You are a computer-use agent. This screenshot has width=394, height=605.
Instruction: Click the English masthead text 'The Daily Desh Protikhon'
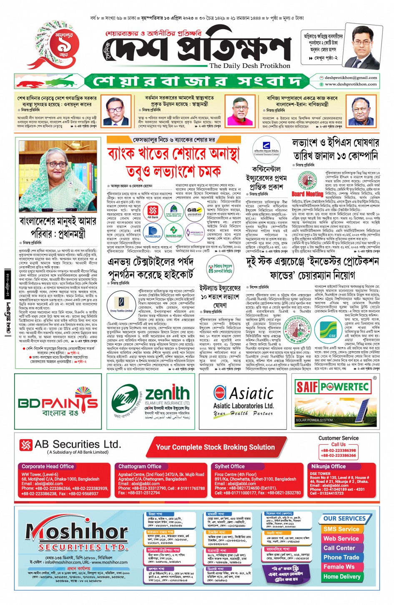point(250,65)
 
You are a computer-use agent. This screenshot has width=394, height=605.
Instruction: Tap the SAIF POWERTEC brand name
point(332,387)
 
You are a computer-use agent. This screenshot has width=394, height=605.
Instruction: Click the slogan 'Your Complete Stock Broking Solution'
point(215,447)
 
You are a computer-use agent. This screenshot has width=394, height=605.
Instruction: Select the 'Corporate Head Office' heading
point(48,467)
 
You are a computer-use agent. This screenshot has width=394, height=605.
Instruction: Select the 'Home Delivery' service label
point(342,577)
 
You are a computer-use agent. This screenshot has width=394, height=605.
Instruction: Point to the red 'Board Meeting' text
point(307,194)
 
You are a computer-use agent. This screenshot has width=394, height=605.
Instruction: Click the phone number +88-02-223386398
point(338,450)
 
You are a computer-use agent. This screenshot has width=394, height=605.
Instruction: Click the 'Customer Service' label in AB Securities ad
point(338,438)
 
